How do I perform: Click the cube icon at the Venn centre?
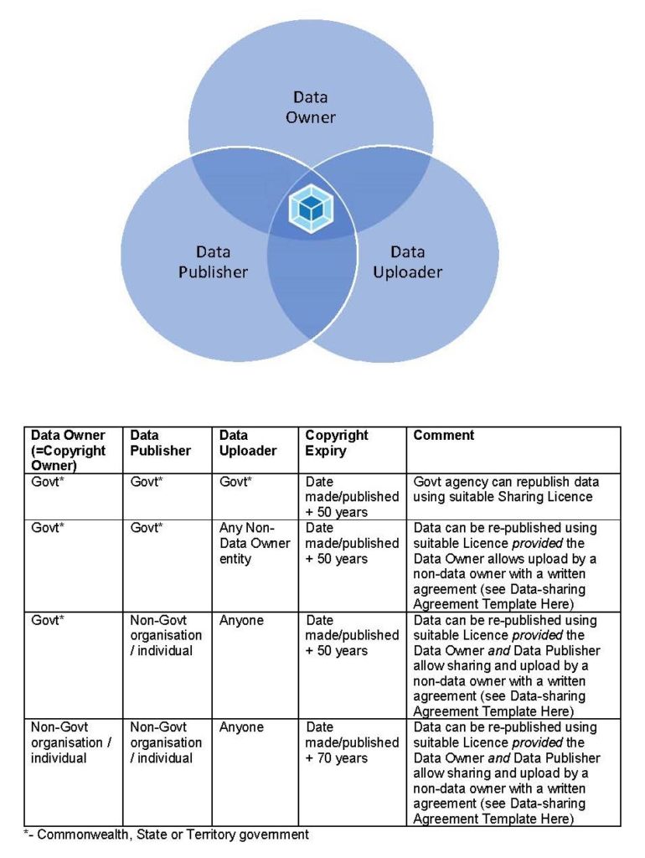pos(311,209)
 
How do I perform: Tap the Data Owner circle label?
pos(310,107)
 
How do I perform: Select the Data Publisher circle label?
pos(213,262)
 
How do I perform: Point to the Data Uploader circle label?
pos(408,262)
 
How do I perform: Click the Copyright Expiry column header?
pos(337,442)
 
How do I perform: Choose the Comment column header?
pos(444,435)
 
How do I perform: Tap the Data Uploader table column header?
pos(248,442)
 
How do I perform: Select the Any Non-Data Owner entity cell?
pos(255,543)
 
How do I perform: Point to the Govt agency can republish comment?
pos(506,488)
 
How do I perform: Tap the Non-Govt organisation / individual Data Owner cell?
pos(71,742)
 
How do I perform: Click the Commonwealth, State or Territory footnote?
pos(167,835)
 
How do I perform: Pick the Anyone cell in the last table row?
pos(241,727)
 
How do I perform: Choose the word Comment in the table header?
pos(444,435)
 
